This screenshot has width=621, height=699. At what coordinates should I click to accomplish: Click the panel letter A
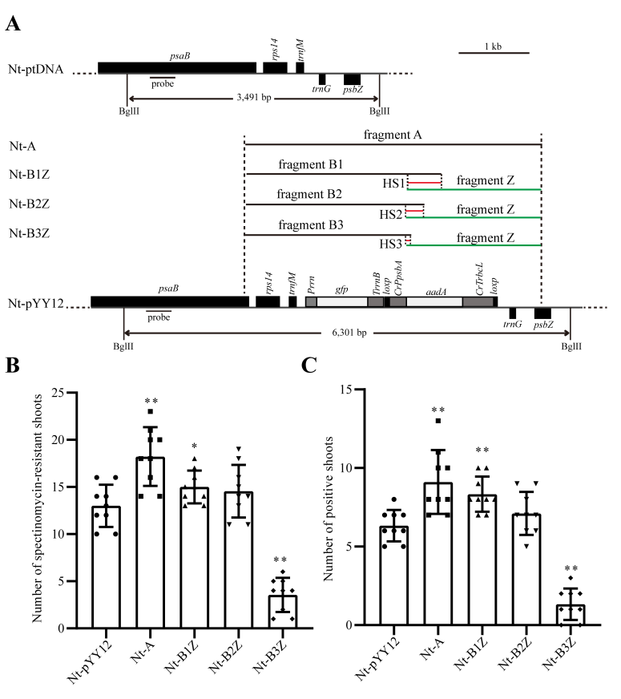pos(13,23)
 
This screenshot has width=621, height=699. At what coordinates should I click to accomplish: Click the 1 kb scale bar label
pos(494,46)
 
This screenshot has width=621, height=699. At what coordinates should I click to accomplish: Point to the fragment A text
pos(393,135)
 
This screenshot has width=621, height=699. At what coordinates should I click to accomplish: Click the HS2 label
pos(391,215)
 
